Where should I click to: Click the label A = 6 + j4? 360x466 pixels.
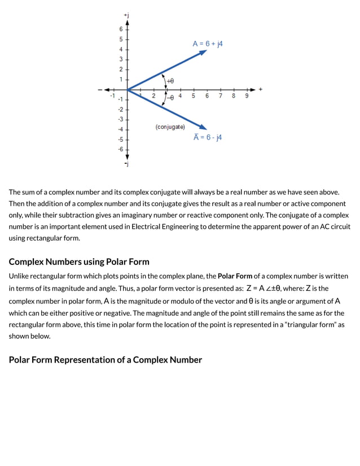click(208, 43)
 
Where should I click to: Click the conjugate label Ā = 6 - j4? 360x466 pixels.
click(208, 137)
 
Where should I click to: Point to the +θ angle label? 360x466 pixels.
click(170, 81)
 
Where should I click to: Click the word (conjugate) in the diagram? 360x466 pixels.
click(170, 127)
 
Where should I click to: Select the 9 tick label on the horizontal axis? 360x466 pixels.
click(247, 97)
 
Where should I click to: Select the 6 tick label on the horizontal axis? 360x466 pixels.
click(207, 97)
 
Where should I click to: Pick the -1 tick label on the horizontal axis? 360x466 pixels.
click(112, 97)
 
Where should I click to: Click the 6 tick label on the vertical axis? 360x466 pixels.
click(120, 29)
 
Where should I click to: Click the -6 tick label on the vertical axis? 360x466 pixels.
click(120, 149)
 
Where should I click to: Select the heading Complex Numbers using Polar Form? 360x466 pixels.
click(79, 262)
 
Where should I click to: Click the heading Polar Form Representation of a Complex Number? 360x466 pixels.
click(105, 360)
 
